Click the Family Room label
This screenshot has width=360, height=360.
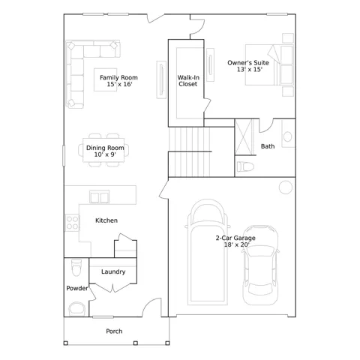118,77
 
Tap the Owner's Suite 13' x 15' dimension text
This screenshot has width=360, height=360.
250,69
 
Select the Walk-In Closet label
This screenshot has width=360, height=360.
188,81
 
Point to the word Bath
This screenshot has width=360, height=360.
268,146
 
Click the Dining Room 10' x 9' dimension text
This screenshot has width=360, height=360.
105,154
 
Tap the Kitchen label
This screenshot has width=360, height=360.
106,220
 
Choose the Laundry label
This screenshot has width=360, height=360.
113,271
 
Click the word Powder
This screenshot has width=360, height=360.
77,288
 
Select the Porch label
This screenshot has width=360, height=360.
114,331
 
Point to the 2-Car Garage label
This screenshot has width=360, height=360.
235,238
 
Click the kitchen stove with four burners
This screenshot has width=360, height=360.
72,223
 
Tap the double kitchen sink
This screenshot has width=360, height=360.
100,197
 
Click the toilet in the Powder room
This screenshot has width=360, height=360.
76,268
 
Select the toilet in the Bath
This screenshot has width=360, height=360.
245,166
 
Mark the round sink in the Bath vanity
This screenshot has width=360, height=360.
287,136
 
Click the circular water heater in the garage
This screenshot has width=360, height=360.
286,187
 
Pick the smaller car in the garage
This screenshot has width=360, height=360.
260,265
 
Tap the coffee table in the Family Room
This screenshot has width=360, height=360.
105,79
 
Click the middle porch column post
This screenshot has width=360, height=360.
136,343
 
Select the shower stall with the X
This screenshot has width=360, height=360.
244,137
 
